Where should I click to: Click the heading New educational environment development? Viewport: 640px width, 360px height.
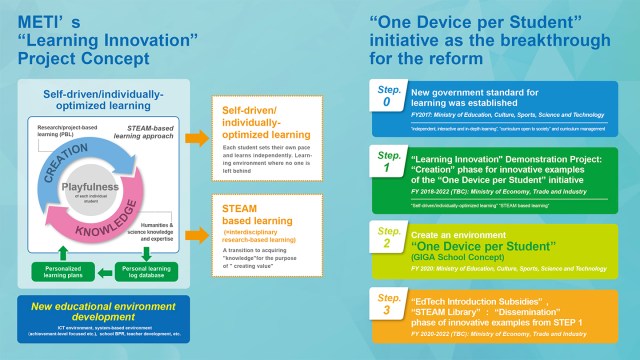pyautogui.click(x=96, y=307)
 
